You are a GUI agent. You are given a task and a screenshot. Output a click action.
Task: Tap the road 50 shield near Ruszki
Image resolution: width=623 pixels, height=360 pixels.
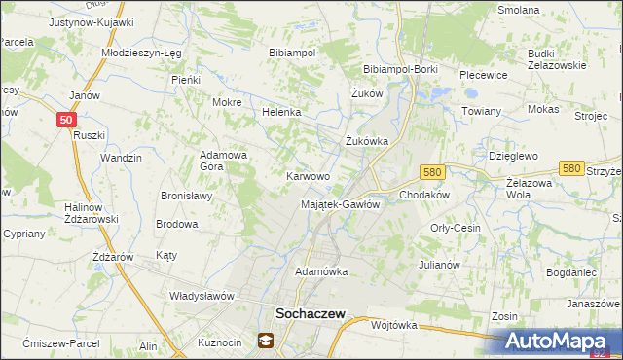click(x=65, y=120)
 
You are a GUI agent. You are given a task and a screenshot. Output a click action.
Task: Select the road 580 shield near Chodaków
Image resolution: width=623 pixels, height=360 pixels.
click(x=433, y=171)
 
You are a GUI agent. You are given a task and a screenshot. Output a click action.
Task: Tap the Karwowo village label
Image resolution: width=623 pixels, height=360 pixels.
click(x=308, y=177)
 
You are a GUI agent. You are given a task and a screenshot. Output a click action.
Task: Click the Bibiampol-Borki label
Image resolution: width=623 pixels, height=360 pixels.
click(x=401, y=70)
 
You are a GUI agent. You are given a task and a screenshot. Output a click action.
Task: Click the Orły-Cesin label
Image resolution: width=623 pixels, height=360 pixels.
click(x=456, y=228)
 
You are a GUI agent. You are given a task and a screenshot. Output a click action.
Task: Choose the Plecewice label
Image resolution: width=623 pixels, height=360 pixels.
click(x=484, y=74)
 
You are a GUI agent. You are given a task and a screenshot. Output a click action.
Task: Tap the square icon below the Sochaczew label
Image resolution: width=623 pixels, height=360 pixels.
click(x=265, y=341)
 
